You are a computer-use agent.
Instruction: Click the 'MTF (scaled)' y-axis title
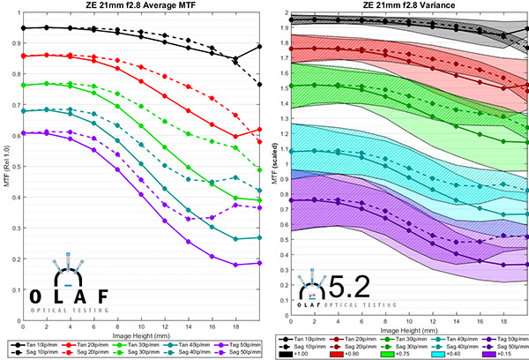275,168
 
